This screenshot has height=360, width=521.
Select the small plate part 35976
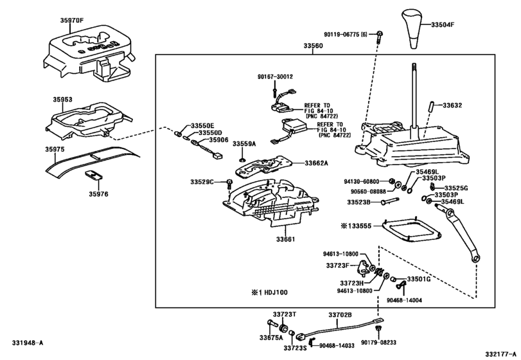94,177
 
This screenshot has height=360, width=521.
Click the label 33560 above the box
315,46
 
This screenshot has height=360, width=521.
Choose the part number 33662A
316,163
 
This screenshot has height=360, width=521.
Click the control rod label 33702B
340,315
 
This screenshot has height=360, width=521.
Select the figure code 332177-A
500,354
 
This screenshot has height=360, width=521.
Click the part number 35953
62,100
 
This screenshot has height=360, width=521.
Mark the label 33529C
201,183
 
